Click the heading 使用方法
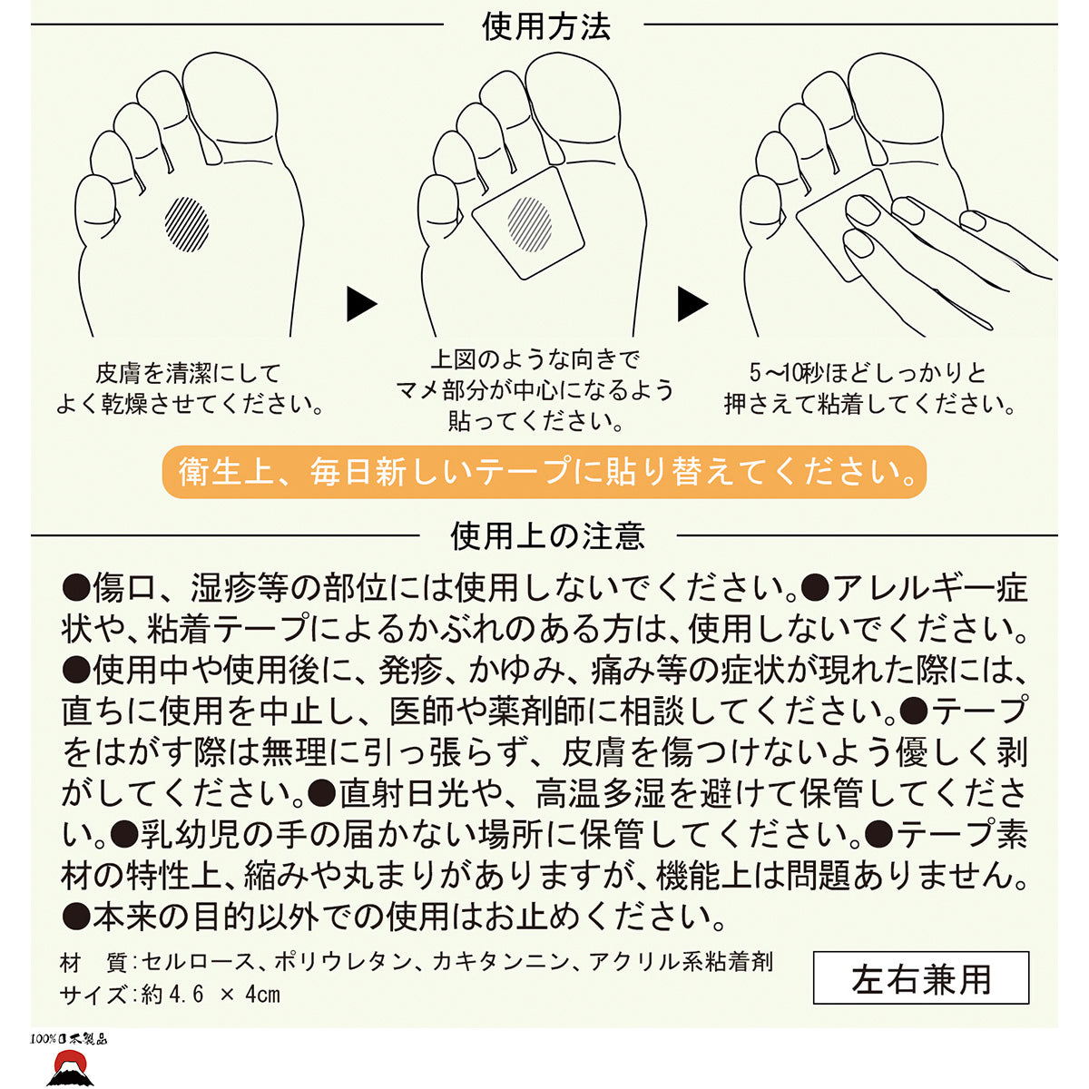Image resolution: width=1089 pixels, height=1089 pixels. (546, 26)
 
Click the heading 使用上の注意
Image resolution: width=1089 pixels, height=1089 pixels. (547, 535)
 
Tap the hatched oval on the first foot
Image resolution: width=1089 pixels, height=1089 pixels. (187, 224)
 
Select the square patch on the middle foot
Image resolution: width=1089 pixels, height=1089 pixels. (528, 222)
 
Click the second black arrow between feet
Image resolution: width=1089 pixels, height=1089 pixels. (692, 304)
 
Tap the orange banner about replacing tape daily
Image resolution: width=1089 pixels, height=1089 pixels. (544, 472)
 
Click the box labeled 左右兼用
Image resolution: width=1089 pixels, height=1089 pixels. (921, 977)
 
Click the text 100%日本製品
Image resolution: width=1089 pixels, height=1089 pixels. (68, 1039)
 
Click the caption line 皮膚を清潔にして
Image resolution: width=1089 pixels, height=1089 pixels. (188, 373)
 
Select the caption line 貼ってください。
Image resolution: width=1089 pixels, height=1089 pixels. (535, 421)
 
